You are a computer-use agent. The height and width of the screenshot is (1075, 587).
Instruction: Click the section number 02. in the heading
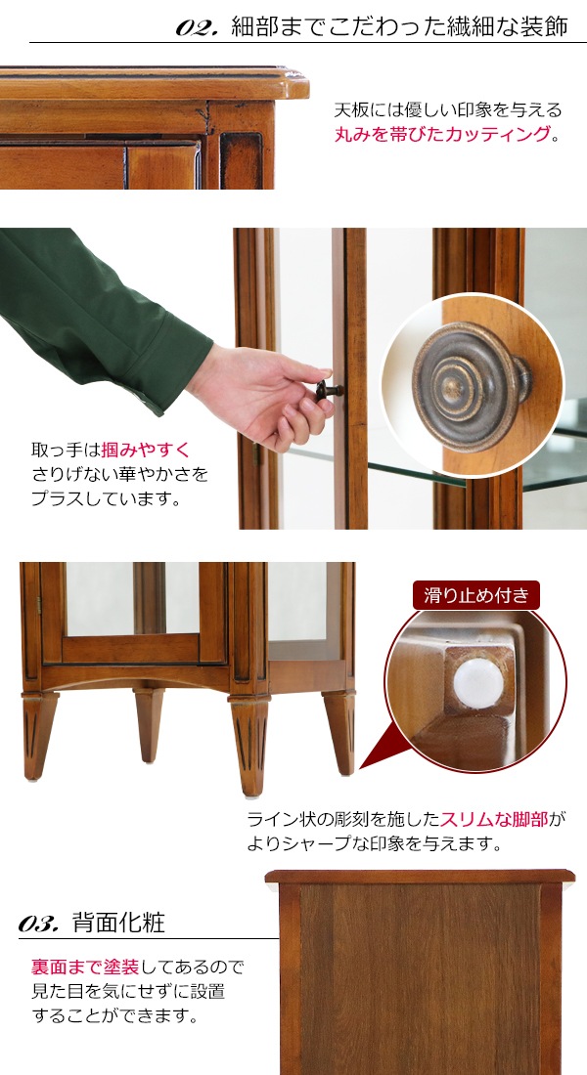(x=197, y=27)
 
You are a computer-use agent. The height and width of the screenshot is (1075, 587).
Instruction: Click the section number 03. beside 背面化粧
(x=40, y=924)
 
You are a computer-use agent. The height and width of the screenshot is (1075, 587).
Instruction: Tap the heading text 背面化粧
(x=118, y=923)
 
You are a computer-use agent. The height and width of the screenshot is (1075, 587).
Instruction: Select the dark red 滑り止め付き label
(x=476, y=595)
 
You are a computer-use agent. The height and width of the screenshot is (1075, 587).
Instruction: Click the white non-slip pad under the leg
(x=477, y=683)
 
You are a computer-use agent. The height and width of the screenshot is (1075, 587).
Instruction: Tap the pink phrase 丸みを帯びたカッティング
(x=443, y=135)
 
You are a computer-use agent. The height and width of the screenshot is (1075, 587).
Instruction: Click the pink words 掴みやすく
(x=146, y=451)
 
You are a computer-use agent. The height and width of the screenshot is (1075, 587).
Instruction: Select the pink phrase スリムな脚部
(x=494, y=819)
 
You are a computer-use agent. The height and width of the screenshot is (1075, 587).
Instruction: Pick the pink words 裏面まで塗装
(x=85, y=967)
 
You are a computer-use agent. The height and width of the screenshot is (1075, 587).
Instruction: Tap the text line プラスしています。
(x=107, y=498)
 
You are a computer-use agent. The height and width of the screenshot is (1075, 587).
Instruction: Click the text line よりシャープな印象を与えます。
(x=376, y=843)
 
